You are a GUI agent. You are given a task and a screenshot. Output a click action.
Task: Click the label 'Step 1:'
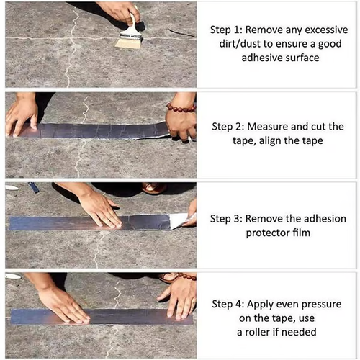coord(228,31)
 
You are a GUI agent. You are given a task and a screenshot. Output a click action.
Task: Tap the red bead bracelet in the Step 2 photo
coord(181,108)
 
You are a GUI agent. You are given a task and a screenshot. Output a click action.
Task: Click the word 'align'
coord(286,140)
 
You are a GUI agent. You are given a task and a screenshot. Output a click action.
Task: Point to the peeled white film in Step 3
coord(178,220)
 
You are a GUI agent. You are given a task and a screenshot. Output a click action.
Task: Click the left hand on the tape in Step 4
coord(61,302)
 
